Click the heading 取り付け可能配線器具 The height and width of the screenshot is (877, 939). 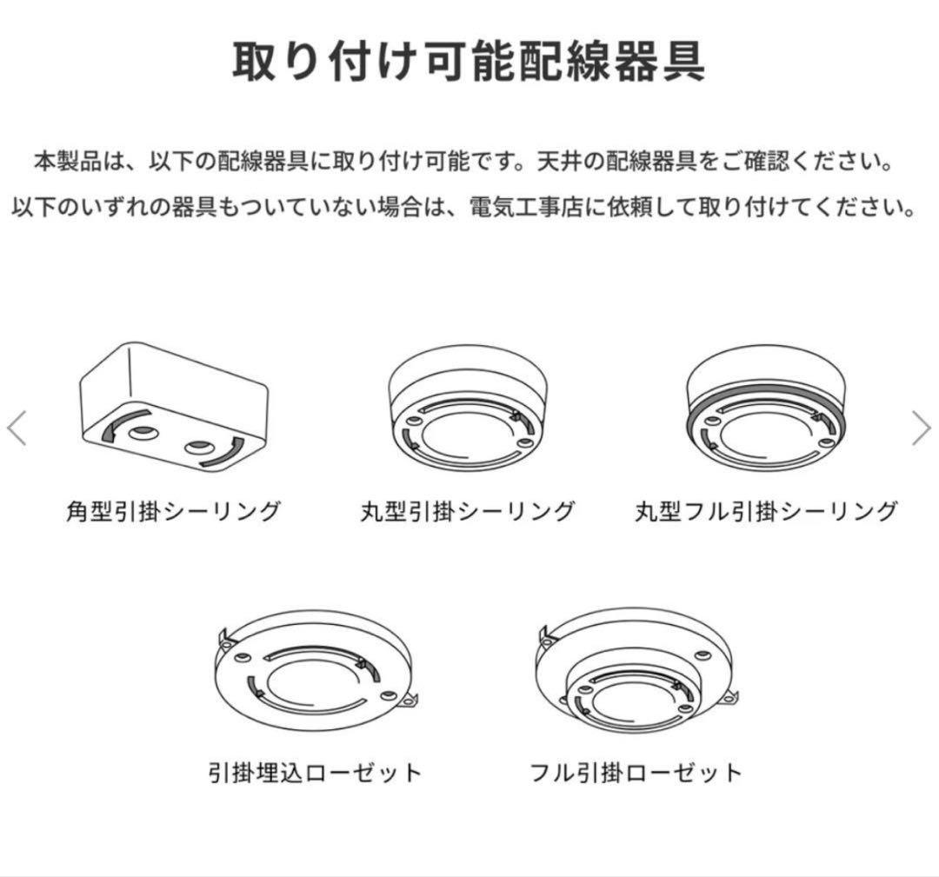[x=469, y=62]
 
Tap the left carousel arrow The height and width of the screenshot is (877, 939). [x=17, y=428]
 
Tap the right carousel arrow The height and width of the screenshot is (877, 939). [x=921, y=428]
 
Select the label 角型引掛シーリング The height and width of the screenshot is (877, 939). [x=173, y=510]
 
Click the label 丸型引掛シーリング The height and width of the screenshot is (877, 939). [x=468, y=510]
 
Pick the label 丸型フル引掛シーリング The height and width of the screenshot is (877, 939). [x=765, y=510]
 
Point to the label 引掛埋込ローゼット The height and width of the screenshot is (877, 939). [x=315, y=772]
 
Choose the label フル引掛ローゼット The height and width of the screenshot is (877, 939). [x=636, y=772]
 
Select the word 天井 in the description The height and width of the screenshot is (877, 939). [x=557, y=162]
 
